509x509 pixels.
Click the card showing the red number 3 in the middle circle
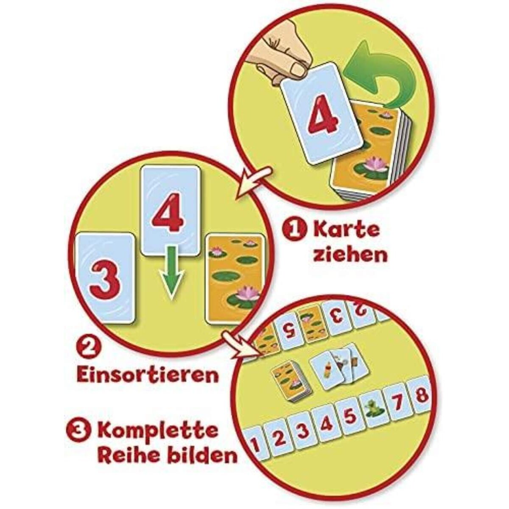(x=105, y=278)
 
